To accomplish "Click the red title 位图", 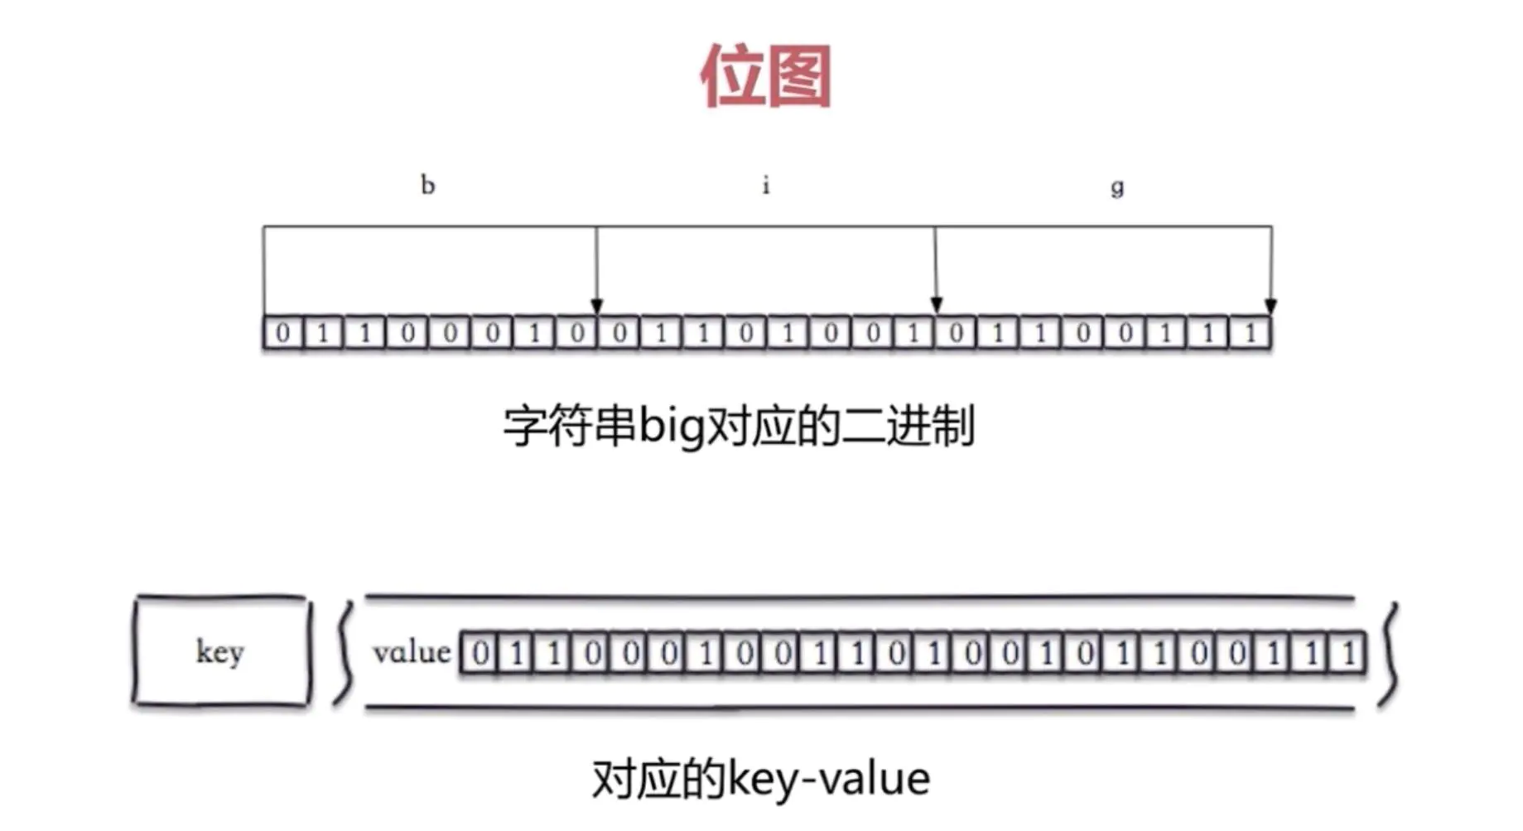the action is tap(765, 76).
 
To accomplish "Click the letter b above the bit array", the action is tap(427, 185).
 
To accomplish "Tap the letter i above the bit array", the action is tap(766, 185).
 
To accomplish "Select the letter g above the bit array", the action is tap(1117, 186).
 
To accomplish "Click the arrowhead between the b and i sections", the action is tap(596, 306).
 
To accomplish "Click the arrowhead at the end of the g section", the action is tap(1271, 306).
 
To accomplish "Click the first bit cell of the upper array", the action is tap(283, 333).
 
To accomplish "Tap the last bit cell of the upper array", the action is tap(1251, 333).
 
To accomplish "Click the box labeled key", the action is tap(220, 652).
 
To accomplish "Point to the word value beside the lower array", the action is tap(412, 653).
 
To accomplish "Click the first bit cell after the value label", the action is tap(480, 654).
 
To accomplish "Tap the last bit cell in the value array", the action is tap(1349, 654).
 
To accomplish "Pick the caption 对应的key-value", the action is tap(761, 780).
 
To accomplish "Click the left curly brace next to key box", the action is tap(344, 653).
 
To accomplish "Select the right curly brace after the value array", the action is tap(1389, 655).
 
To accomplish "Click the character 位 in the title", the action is tap(732, 76).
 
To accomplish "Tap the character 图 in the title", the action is tap(799, 76).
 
